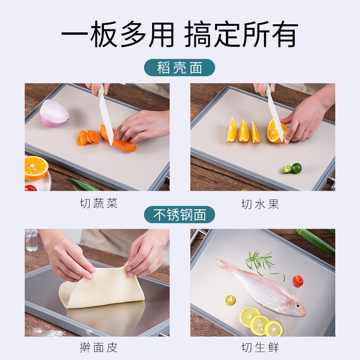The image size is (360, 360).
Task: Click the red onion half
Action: coord(54,113)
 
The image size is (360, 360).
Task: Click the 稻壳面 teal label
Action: coord(180,67)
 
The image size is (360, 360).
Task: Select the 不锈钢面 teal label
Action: coord(180,215)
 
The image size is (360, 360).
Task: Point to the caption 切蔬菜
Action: coord(99,203)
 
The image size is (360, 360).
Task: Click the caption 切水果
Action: coord(260,204)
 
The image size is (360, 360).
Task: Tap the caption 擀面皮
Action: coord(99,347)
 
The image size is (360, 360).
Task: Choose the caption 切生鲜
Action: coord(260,347)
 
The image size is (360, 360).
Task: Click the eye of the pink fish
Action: coord(298,306)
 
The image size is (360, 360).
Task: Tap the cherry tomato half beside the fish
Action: coord(298,281)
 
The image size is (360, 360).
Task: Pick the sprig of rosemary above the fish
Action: coord(262,263)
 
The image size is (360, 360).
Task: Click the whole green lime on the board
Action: coord(297,168)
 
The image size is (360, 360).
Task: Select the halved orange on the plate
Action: coord(36,168)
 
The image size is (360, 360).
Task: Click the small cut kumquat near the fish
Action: coord(230,300)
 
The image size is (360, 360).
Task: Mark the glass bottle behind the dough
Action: coord(31,240)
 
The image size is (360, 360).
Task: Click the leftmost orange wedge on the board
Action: coord(232,130)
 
